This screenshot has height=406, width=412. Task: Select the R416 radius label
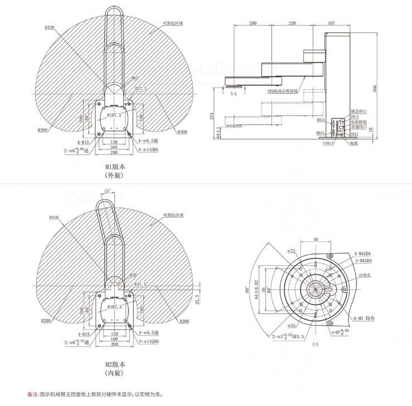[x=54, y=217]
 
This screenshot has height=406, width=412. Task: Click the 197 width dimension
[x=331, y=23]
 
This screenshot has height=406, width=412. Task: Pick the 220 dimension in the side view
[x=292, y=23]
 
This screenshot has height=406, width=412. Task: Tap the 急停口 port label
[x=357, y=112]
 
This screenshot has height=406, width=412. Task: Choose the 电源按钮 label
[x=358, y=122]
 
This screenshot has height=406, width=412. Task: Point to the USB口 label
[x=328, y=143]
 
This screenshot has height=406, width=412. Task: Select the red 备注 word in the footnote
[x=32, y=394]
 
